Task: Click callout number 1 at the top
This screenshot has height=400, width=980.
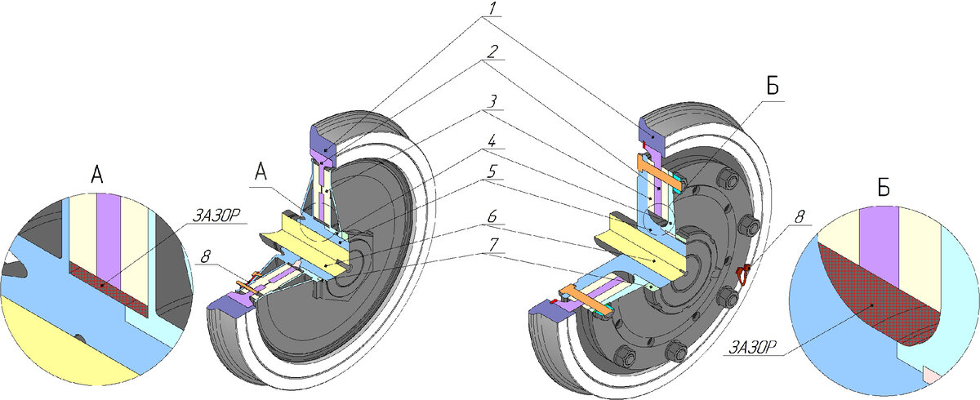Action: click(493, 9)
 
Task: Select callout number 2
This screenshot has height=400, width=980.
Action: click(493, 51)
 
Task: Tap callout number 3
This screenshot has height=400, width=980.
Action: click(493, 101)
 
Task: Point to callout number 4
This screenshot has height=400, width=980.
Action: click(492, 141)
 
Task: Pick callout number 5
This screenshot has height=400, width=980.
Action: click(492, 171)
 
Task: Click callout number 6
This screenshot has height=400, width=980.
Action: click(492, 216)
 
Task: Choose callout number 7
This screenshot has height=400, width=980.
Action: click(493, 245)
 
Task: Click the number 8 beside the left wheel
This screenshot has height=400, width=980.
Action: click(206, 256)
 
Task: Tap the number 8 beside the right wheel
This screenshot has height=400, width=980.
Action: click(800, 217)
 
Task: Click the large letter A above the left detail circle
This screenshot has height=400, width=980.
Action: click(97, 175)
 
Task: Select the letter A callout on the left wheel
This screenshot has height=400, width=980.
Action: click(261, 171)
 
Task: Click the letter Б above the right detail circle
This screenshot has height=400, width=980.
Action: click(884, 188)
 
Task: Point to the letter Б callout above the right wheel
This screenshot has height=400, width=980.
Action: click(773, 86)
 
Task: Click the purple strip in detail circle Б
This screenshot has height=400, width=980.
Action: click(879, 246)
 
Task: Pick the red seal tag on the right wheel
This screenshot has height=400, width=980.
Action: click(742, 274)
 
